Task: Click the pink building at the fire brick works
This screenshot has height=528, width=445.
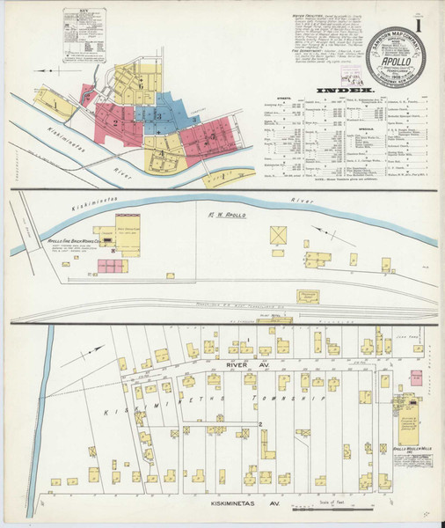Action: pyautogui.click(x=112, y=264)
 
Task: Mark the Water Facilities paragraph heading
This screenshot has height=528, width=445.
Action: pyautogui.click(x=302, y=16)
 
